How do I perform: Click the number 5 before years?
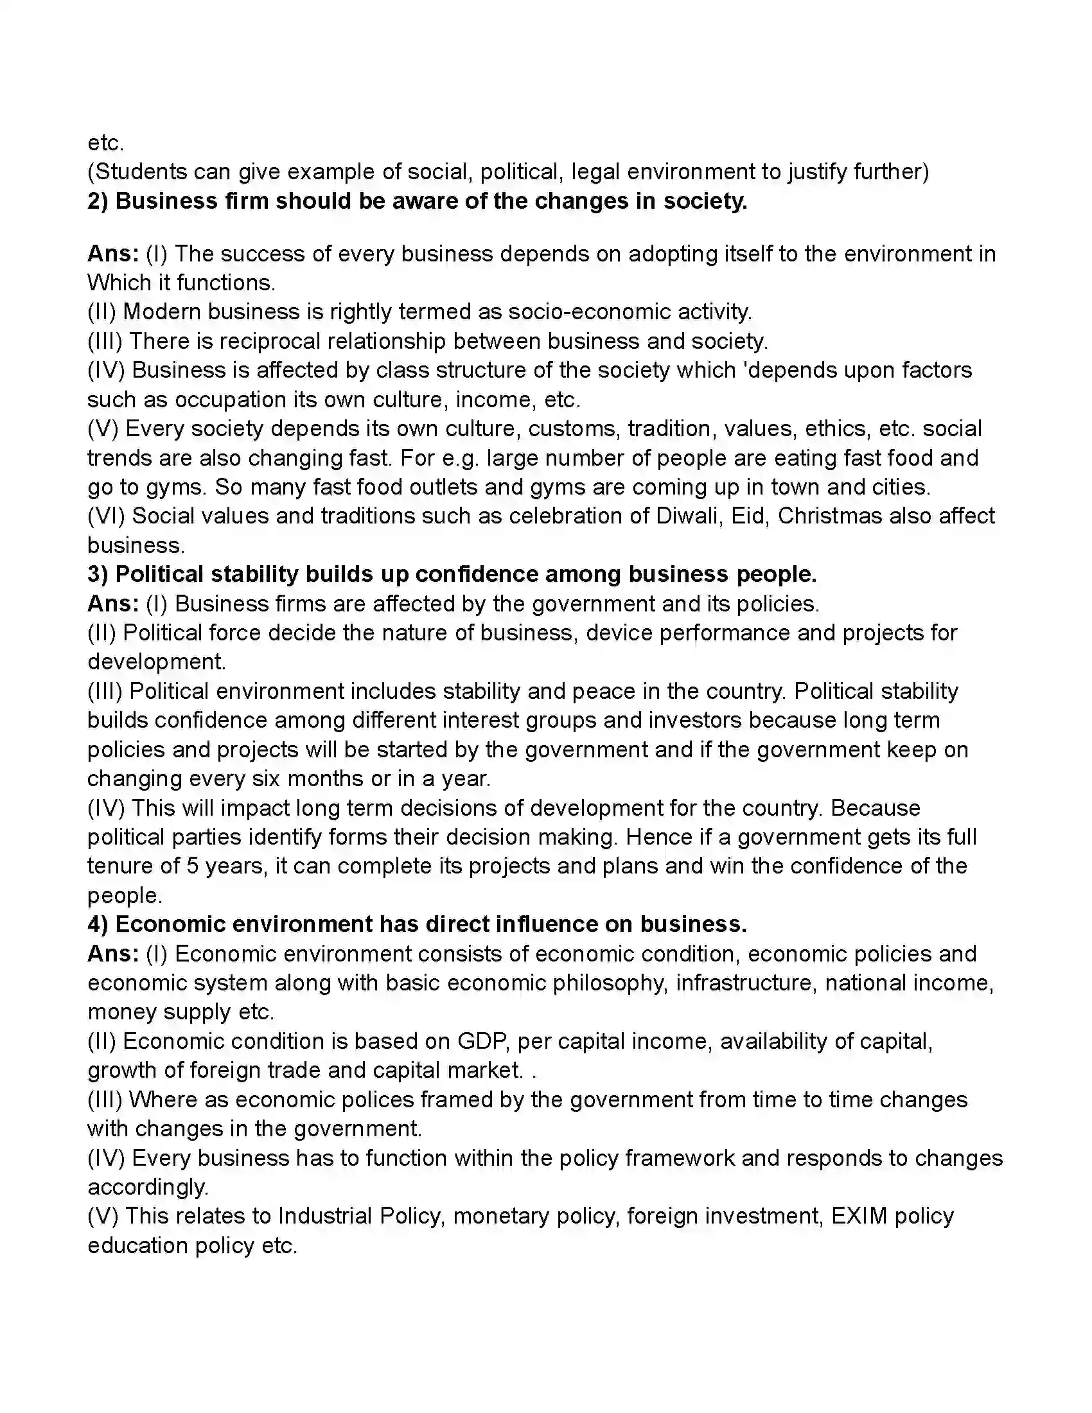click(x=192, y=866)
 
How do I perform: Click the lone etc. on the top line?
click(x=105, y=143)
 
